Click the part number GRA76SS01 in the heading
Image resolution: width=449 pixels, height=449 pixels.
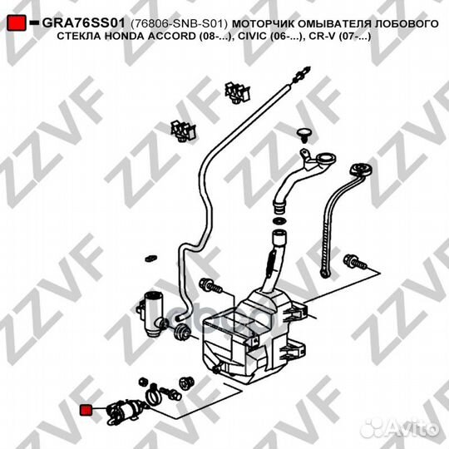pos(84,23)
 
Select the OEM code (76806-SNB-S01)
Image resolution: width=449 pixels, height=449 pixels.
pos(179,24)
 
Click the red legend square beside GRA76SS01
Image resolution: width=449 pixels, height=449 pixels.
pos(17,23)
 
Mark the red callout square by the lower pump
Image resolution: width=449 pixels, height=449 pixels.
pos(86,410)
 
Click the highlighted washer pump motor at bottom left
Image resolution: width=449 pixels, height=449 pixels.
pos(125,412)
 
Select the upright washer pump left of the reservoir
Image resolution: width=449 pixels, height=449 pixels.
pos(152,314)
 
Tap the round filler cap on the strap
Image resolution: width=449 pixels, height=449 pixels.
pos(361,170)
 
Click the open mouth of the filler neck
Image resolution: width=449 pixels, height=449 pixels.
pos(326,158)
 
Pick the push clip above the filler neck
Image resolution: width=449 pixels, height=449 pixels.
pos(303,136)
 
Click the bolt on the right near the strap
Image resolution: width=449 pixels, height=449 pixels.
pos(355,262)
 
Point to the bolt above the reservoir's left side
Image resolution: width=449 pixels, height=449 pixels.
pos(210,285)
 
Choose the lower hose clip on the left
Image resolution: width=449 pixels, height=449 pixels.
pos(183,131)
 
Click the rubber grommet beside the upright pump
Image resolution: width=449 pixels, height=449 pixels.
pos(182,332)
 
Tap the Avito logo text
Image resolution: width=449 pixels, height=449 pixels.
pos(412,429)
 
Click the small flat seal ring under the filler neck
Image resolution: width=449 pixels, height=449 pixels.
pos(278,221)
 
